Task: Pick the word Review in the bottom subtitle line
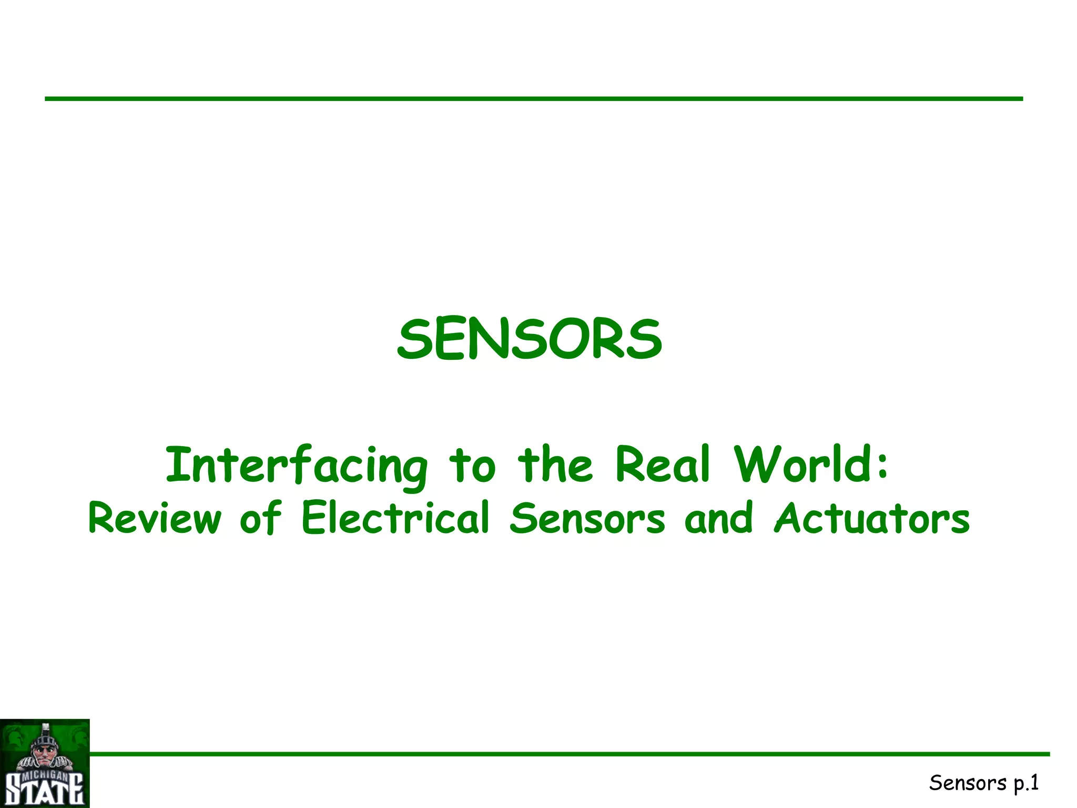pos(155,518)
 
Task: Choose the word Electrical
pos(395,518)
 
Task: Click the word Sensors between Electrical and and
pos(587,518)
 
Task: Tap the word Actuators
pos(871,518)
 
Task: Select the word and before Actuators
pos(719,518)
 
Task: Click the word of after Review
pos(260,518)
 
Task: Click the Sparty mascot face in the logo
pos(45,749)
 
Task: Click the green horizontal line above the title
pos(533,98)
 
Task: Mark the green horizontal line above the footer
pos(568,754)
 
